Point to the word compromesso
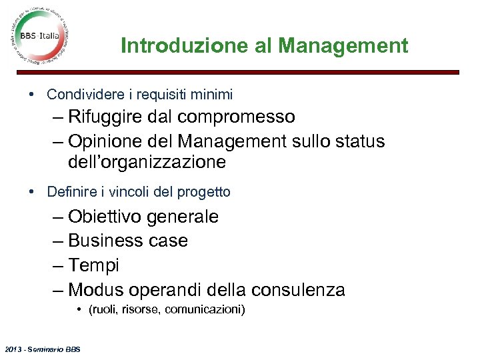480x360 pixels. [236, 117]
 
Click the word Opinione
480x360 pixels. [107, 142]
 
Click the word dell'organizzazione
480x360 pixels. [147, 162]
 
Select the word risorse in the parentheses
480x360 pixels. [141, 309]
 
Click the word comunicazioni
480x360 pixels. [204, 309]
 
